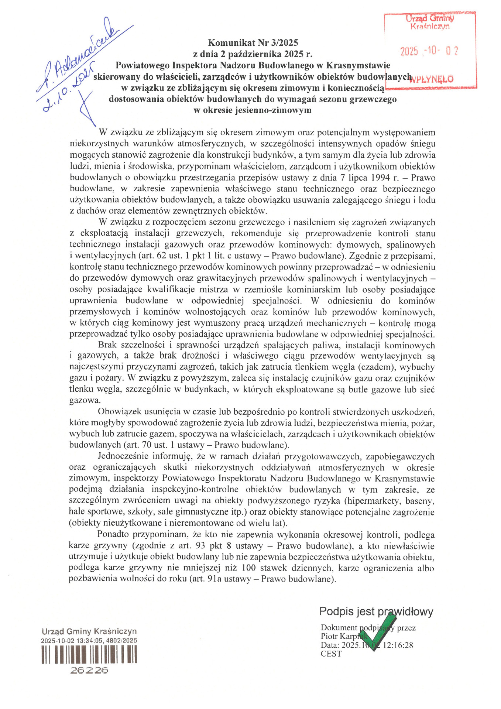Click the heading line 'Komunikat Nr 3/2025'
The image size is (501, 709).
pos(253,43)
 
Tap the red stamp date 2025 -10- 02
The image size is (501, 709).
pos(429,51)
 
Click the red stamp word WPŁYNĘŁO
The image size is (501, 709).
pos(432,79)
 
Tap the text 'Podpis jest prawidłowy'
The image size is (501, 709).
pos(376,612)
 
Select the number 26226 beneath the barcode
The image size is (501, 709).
pos(89,670)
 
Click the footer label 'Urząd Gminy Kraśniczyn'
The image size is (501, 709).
pos(89,631)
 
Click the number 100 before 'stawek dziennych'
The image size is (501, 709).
pos(250,568)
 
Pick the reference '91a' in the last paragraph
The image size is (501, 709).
pos(214,579)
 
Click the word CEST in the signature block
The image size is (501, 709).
pos(331,654)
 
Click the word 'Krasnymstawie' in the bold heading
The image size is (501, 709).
pos(358,65)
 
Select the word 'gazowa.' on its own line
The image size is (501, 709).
pos(85,401)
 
